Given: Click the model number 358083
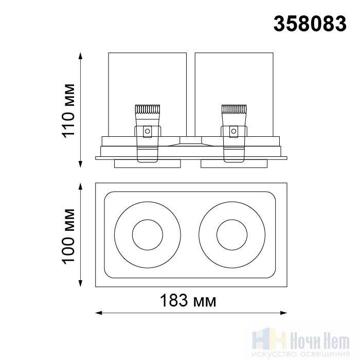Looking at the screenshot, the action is click(310, 24).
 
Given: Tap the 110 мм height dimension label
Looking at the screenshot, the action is click(69, 111).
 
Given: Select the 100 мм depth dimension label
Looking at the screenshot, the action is click(69, 237).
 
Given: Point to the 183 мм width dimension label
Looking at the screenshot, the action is click(188, 300).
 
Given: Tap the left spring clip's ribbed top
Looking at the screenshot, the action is click(148, 109).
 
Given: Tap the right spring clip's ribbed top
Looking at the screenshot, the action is click(234, 109).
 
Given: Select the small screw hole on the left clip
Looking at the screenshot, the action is click(148, 131).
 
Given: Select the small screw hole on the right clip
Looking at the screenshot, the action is click(233, 131).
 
